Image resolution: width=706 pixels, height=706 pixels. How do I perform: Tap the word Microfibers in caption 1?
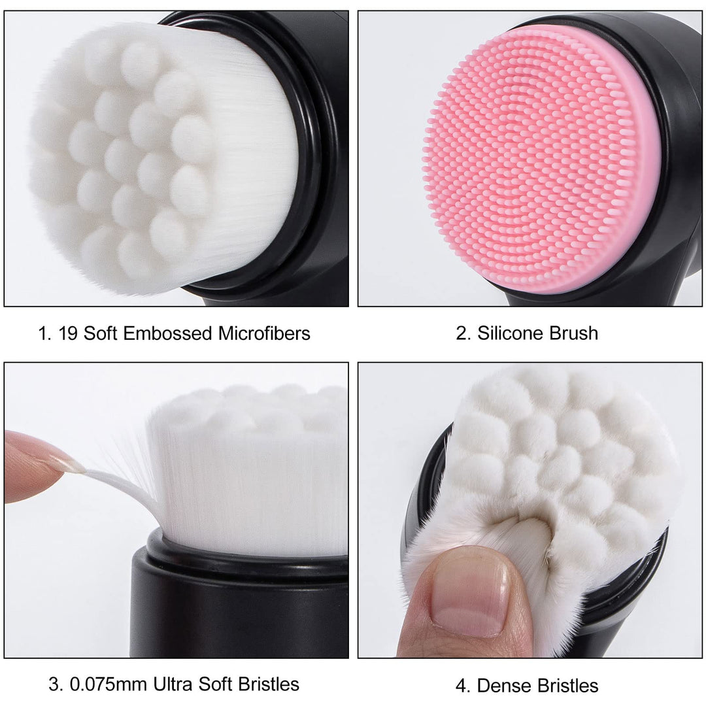coord(264,333)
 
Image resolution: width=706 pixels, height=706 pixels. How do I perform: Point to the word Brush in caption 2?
coord(573,333)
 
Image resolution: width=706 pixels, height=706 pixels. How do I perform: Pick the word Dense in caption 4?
coord(505,686)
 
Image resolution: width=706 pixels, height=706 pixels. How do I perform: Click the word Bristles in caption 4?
coord(568,686)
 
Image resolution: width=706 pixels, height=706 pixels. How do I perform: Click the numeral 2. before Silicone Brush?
coord(463,333)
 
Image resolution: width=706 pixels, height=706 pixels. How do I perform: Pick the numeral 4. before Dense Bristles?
coord(463,686)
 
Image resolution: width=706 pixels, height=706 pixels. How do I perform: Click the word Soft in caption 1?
coord(101,333)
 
